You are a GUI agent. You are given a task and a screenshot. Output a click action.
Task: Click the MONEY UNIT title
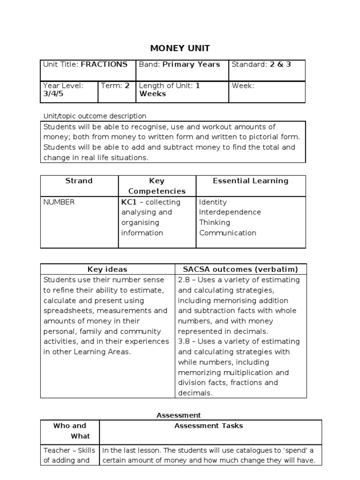[180, 48]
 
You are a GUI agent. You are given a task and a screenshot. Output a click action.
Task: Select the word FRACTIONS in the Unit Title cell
[104, 65]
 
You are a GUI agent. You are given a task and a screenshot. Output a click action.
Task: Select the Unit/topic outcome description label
[95, 116]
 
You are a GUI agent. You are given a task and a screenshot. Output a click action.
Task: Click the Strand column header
[79, 181]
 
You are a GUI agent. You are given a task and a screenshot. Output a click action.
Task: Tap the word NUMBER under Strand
[59, 202]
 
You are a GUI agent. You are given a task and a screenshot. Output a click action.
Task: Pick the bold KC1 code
[129, 202]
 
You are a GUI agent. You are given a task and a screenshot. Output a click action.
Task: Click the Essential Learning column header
[250, 181]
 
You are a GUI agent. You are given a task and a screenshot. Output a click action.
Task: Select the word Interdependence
[230, 212]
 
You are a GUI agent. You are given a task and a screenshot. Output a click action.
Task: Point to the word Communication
[227, 233]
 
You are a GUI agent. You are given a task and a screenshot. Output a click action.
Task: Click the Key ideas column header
[107, 270]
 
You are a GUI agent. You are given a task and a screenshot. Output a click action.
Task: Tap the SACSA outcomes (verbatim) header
[240, 270]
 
